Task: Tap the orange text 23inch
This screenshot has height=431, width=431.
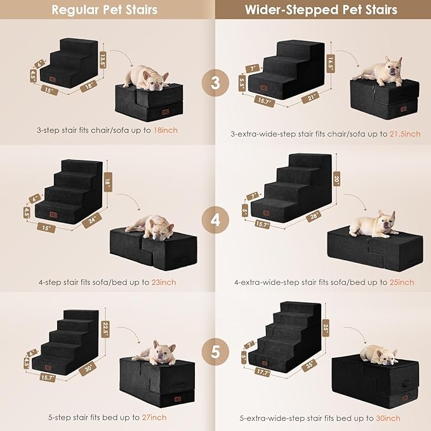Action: pos(163,282)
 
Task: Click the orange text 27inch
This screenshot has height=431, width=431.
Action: pos(154,417)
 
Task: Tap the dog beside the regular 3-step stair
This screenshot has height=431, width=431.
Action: pos(145,77)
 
